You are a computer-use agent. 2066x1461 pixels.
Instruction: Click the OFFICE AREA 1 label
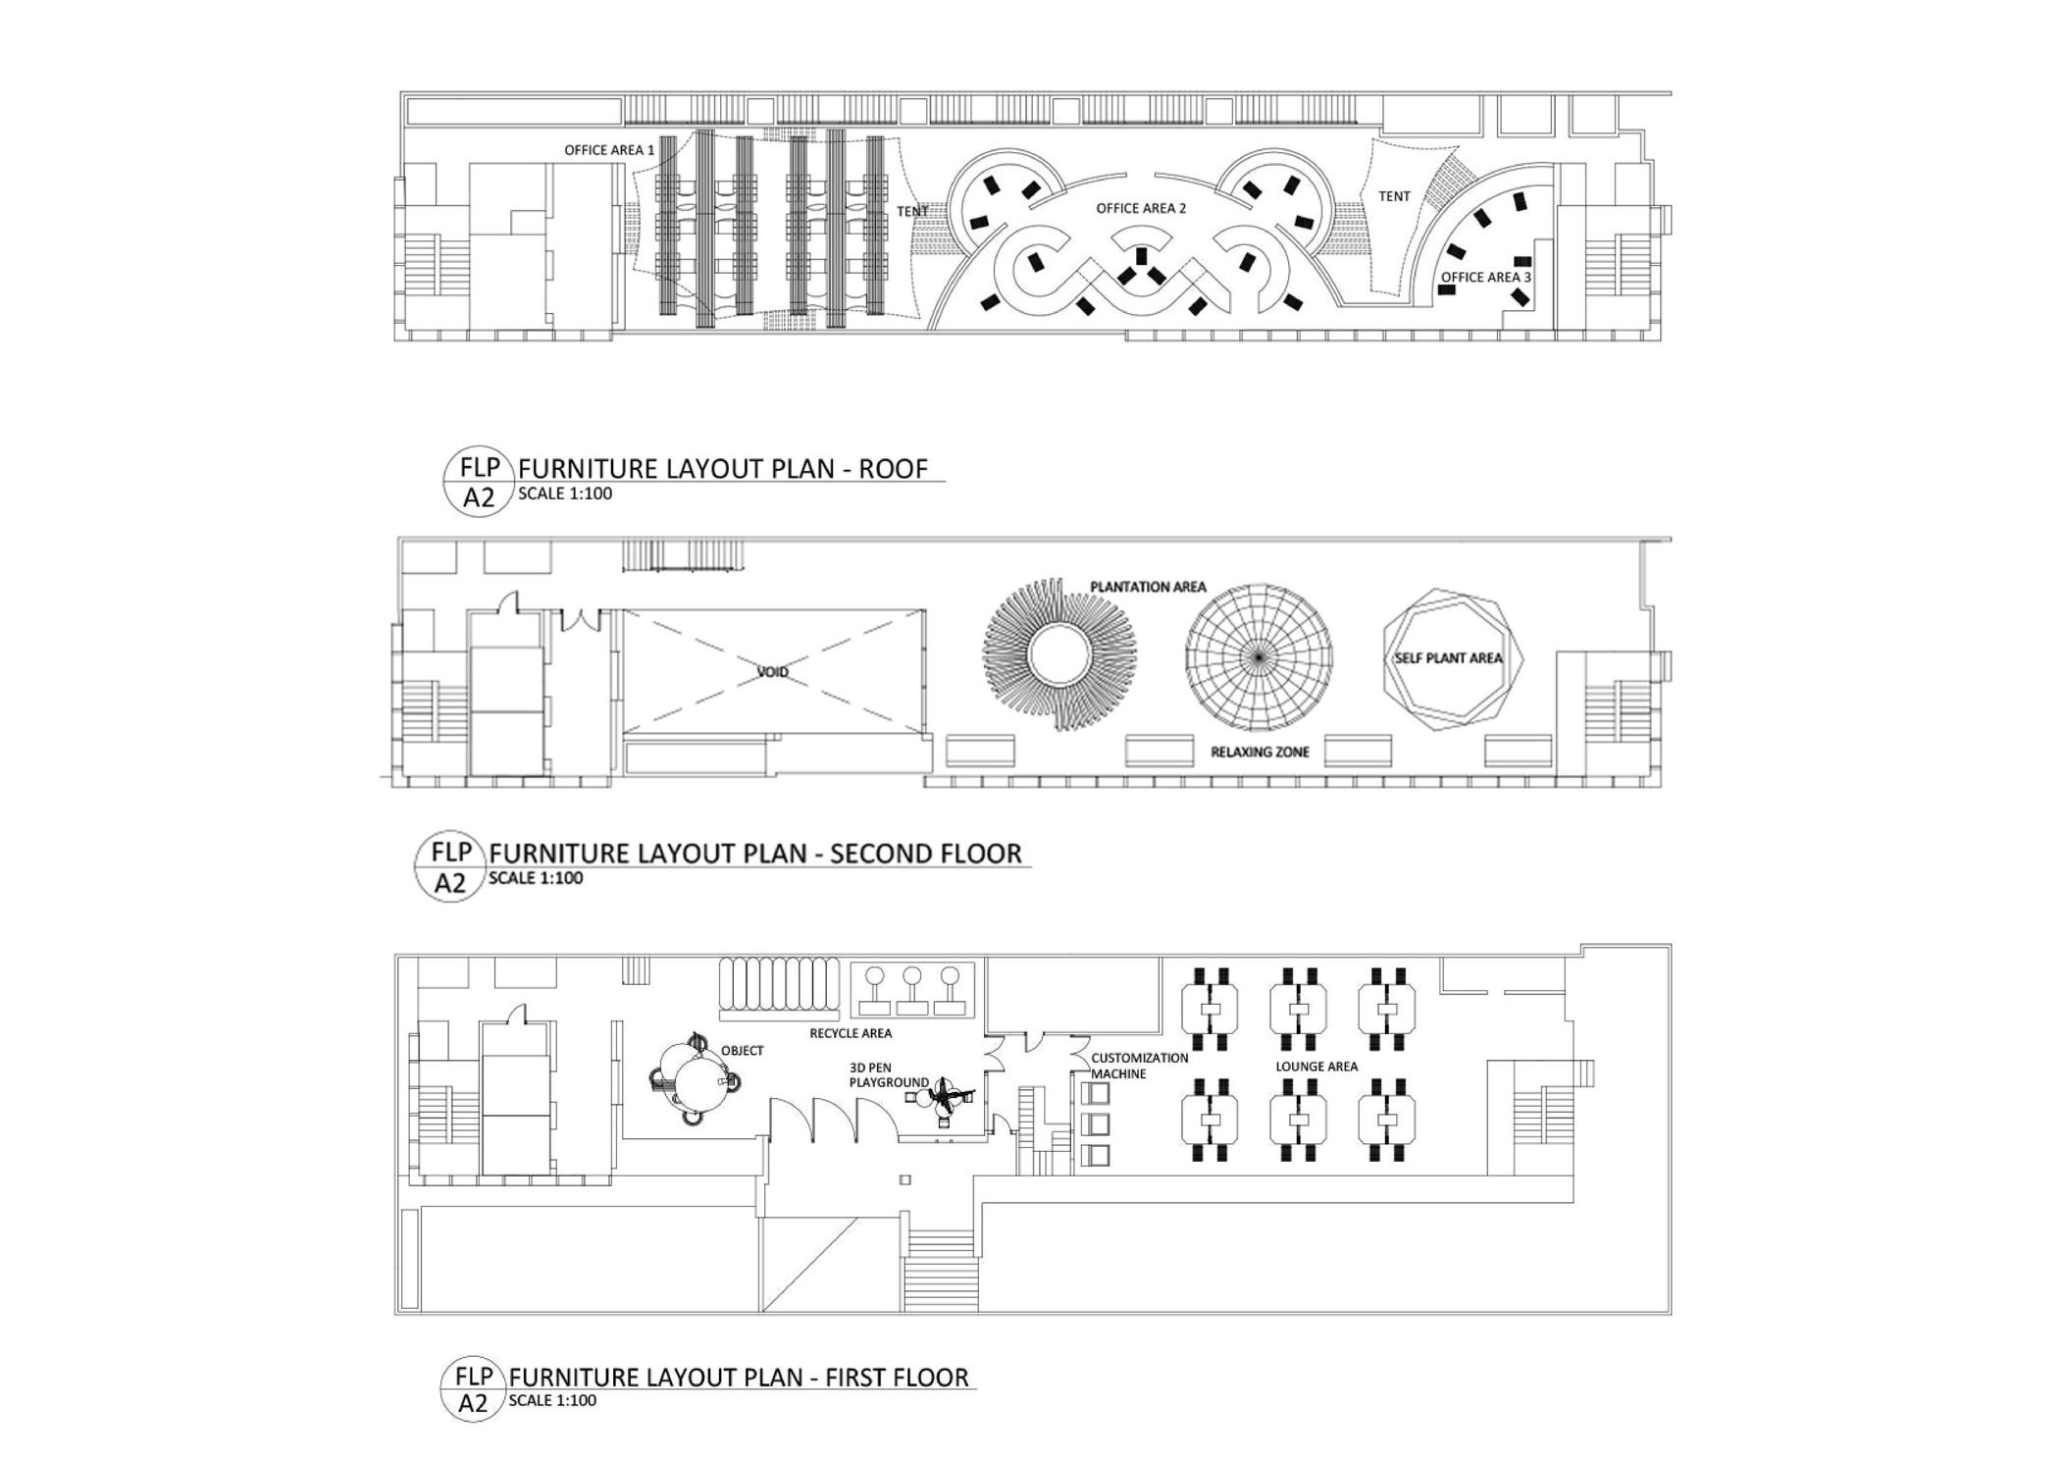coord(608,150)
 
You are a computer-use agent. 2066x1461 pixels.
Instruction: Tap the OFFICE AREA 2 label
coord(1141,208)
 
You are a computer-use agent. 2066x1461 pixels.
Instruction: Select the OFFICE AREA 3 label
coord(1485,277)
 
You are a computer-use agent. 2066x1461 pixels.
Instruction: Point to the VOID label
coord(772,672)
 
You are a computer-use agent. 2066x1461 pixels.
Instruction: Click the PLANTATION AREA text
coord(1148,587)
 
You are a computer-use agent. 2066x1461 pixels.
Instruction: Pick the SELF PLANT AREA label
coord(1448,657)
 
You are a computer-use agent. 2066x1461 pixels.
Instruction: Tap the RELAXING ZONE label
coord(1260,752)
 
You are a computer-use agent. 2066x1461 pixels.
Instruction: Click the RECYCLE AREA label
coord(851,1032)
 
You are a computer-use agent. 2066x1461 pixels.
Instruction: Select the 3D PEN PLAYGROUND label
coord(888,1074)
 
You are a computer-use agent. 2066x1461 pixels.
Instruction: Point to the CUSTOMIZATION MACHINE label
coord(1138,1066)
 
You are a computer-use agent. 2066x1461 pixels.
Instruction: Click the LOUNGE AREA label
coord(1317,1066)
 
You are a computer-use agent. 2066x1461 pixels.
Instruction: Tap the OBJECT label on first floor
coord(742,1050)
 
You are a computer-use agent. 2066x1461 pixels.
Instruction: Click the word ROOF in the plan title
coord(893,469)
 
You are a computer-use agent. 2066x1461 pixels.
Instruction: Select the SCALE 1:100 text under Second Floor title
coord(536,878)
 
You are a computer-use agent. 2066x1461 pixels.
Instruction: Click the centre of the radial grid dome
coord(1259,655)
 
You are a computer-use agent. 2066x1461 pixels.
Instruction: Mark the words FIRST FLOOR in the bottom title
coord(897,1378)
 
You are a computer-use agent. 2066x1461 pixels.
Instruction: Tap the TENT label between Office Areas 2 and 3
coord(1394,196)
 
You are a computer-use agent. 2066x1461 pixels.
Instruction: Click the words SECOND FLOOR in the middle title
coord(925,854)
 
